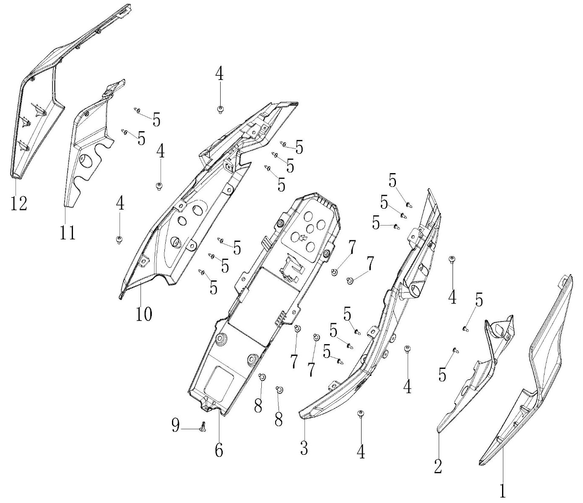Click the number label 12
click(x=19, y=203)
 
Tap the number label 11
click(x=67, y=231)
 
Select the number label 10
click(x=143, y=314)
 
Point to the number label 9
click(x=176, y=426)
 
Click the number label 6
click(x=219, y=450)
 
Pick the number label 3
click(x=304, y=448)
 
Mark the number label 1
click(x=502, y=490)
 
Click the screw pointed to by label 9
click(x=204, y=427)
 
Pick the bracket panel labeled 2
click(x=474, y=377)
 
